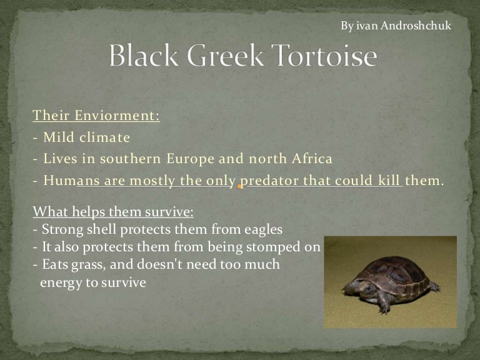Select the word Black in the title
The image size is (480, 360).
(x=144, y=55)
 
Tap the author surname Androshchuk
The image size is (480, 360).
(x=416, y=26)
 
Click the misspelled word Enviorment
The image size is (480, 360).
(x=117, y=116)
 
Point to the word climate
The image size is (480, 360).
(x=105, y=137)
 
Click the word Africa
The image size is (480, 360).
(x=312, y=159)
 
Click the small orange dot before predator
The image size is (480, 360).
(x=239, y=186)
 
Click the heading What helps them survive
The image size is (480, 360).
(x=113, y=212)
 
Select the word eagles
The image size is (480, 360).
(x=263, y=229)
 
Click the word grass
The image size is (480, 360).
(x=89, y=265)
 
